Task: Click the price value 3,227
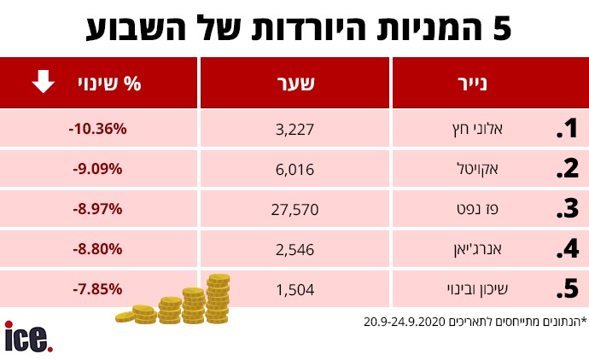[x=296, y=130]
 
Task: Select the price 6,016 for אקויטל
[x=296, y=169]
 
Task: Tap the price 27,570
[x=296, y=209]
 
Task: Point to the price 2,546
[x=296, y=249]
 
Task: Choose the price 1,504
[x=296, y=288]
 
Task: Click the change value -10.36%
[x=97, y=129]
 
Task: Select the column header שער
[x=296, y=84]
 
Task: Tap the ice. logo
[x=28, y=336]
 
